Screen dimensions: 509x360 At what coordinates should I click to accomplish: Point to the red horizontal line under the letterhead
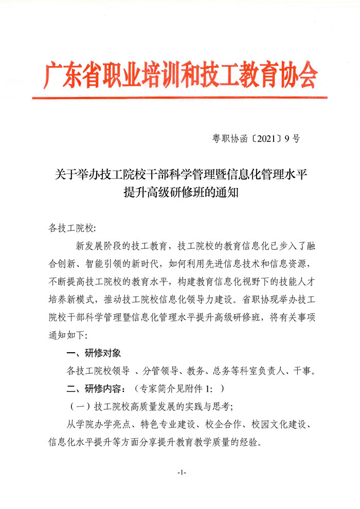[179, 97]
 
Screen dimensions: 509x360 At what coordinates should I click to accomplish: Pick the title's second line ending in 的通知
[179, 193]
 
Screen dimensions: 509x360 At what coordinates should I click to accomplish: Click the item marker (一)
[80, 406]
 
